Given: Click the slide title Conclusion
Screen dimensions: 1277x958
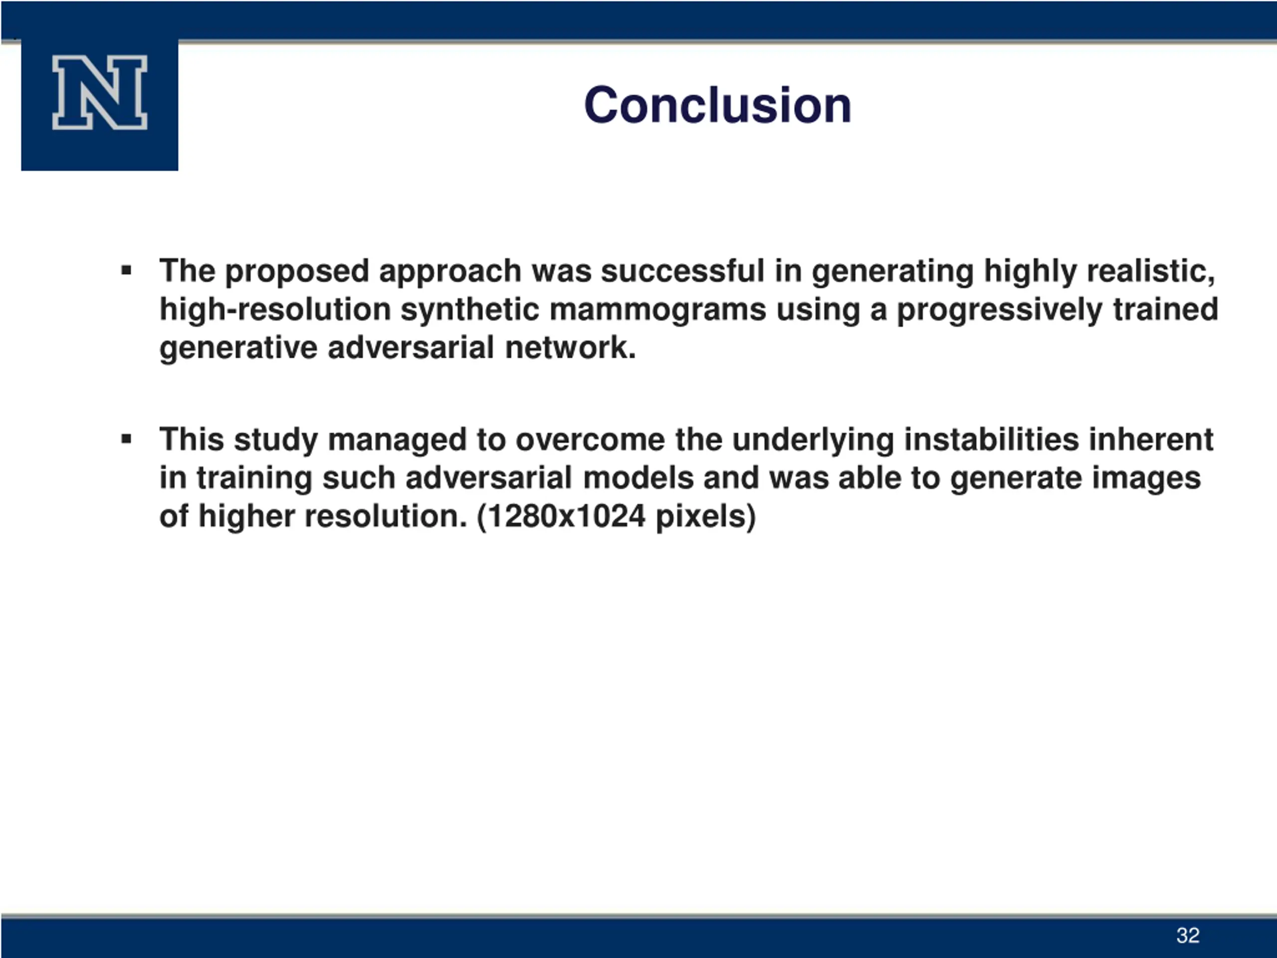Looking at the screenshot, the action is coord(718,105).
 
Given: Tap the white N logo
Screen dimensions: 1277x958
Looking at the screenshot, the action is coord(100,92).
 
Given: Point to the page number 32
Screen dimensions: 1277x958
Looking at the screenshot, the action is coord(1188,935).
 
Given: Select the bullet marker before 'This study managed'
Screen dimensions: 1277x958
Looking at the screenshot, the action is coord(126,439).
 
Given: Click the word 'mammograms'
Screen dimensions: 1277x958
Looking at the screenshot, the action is coord(657,311).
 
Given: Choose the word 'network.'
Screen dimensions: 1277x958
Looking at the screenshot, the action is coord(570,348).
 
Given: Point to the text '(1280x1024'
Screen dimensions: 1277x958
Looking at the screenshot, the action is coord(561,516).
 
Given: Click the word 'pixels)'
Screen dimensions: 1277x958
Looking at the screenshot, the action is coord(705,516).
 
